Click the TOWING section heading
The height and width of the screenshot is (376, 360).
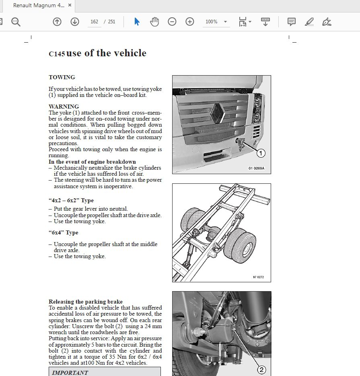click(62, 77)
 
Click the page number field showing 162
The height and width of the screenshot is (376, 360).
click(94, 22)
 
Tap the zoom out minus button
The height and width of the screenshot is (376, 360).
click(172, 22)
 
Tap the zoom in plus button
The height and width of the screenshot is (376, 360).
click(190, 22)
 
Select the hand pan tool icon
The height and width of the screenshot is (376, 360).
click(154, 22)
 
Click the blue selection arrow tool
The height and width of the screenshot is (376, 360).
click(137, 22)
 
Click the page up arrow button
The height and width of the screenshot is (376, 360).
click(57, 22)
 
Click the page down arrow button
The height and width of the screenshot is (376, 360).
click(75, 22)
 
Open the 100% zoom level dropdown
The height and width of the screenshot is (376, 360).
click(216, 22)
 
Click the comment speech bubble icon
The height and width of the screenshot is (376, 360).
click(292, 22)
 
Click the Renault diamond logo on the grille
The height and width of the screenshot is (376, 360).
click(218, 112)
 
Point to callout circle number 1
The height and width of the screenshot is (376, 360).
click(261, 153)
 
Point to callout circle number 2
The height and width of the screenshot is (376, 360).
click(261, 370)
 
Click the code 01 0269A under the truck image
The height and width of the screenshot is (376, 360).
click(256, 168)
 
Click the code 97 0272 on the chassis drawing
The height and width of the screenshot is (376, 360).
click(259, 277)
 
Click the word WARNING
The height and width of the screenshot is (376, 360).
click(64, 107)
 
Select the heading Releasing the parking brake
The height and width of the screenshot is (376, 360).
click(86, 302)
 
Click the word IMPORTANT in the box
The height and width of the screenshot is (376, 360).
click(70, 372)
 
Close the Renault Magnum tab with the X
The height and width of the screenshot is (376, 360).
click(70, 6)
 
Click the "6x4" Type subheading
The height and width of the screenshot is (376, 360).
click(64, 233)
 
